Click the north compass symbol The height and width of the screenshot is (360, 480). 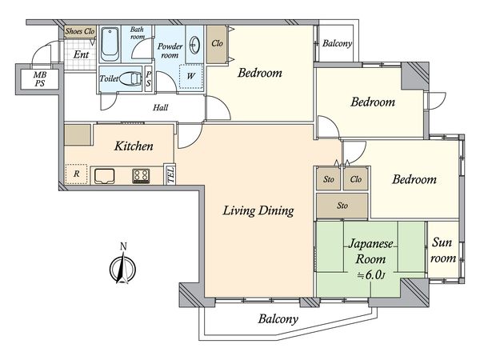[x=122, y=266]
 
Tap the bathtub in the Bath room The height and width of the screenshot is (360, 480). [x=110, y=44]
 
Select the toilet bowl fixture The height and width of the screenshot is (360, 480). [x=130, y=78]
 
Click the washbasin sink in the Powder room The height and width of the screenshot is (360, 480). [x=194, y=45]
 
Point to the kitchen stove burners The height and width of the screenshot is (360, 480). [x=141, y=176]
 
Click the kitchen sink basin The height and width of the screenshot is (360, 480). [x=104, y=176]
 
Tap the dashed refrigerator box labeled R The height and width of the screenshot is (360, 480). [x=76, y=174]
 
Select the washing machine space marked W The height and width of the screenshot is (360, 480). [x=191, y=77]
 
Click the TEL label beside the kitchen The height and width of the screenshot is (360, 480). [x=171, y=174]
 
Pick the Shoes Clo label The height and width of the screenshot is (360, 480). [x=80, y=31]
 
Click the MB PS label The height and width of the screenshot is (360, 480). [x=40, y=79]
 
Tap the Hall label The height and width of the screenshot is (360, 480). [x=161, y=107]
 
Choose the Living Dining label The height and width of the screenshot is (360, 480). [x=258, y=210]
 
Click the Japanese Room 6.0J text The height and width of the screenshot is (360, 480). [x=370, y=259]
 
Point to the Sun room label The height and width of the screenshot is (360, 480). [x=443, y=250]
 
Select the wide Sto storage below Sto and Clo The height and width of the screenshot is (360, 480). [x=342, y=206]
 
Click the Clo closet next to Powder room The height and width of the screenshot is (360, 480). [x=217, y=44]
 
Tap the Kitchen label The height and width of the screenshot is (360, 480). [x=134, y=146]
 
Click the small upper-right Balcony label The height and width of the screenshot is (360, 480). [x=337, y=43]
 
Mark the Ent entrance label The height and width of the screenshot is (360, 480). [x=81, y=54]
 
